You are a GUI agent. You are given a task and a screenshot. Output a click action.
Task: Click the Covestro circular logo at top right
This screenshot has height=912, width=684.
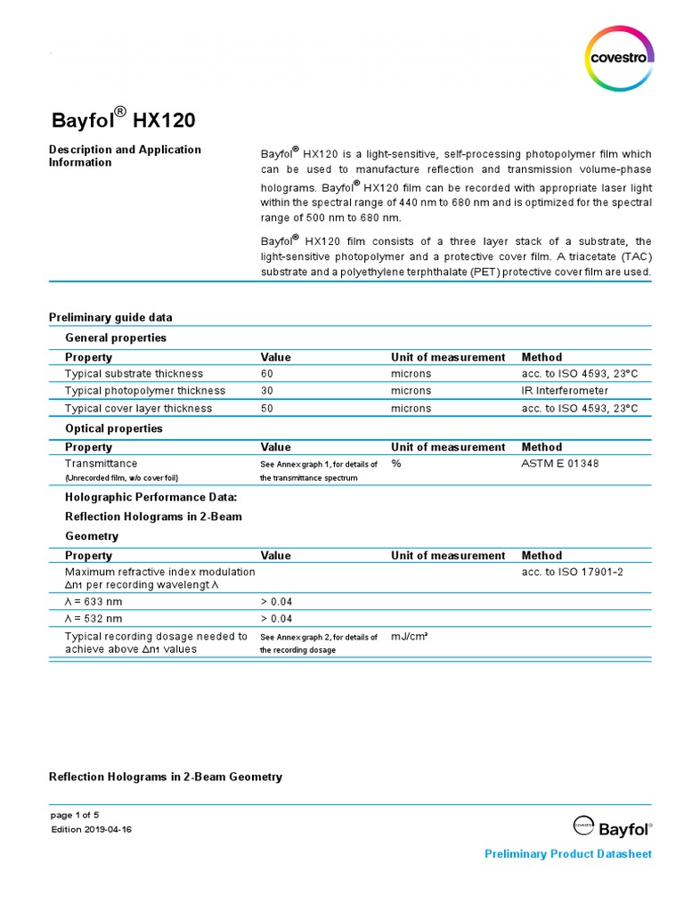(620, 59)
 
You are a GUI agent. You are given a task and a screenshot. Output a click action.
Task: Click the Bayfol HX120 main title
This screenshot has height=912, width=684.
(121, 120)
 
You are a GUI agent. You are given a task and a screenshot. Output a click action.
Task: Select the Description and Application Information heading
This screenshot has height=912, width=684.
(125, 156)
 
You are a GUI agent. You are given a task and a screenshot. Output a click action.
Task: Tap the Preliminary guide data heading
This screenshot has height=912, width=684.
(110, 317)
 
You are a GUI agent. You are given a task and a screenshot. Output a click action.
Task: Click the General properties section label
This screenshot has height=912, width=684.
(116, 338)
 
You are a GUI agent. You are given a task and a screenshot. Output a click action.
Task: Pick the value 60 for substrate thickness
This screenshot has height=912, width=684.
(267, 374)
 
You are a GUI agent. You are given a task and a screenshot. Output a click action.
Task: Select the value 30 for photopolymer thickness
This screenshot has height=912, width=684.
(267, 391)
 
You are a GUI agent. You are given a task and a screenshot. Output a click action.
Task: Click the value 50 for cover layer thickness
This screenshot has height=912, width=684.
(267, 409)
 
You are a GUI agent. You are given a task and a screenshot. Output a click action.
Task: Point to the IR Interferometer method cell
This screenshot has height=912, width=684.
(566, 391)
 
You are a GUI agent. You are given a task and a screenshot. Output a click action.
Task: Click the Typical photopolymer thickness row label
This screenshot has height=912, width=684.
(145, 391)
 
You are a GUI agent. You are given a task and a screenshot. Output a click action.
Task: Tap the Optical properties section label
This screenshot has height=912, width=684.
(114, 428)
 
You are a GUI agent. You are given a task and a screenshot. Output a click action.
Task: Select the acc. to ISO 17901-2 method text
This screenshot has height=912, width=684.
(572, 572)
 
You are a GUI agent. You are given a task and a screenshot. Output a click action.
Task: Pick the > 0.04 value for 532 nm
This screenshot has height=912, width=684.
(276, 618)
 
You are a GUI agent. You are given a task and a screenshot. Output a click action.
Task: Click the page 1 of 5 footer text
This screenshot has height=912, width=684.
(76, 815)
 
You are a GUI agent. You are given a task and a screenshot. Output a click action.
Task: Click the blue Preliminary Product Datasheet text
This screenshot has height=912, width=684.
(567, 854)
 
